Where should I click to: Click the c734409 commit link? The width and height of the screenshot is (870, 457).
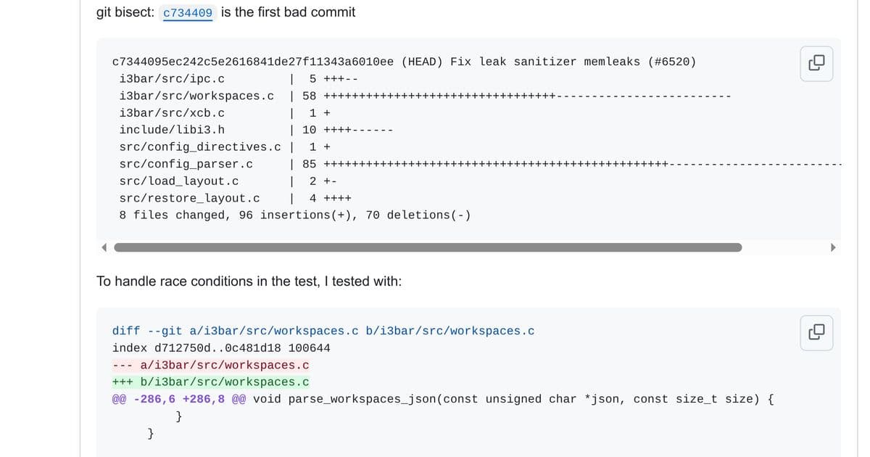(188, 13)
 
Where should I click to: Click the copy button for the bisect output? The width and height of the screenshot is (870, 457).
(816, 63)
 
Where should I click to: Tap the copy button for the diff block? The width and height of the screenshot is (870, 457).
(816, 332)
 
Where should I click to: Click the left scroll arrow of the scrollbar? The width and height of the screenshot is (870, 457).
(104, 247)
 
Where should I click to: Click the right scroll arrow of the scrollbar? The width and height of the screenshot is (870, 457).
(832, 247)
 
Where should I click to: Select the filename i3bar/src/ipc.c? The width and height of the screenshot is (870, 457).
(172, 79)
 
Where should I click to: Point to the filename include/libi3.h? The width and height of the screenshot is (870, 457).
(172, 130)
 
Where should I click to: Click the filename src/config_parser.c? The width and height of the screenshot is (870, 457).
(186, 164)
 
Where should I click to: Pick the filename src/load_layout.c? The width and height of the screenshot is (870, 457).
(179, 181)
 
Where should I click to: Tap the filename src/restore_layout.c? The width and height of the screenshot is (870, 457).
(189, 198)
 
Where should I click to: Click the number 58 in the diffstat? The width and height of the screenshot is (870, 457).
(310, 96)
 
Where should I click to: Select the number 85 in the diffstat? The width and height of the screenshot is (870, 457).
(310, 164)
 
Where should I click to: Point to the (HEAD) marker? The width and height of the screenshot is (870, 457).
(422, 62)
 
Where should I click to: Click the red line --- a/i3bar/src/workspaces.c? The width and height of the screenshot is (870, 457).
(211, 365)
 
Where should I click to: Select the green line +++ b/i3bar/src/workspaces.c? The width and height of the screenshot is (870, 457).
(211, 382)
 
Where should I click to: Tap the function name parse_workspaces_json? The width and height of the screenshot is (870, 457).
(365, 399)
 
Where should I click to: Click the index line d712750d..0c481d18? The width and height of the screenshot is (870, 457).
(221, 348)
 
